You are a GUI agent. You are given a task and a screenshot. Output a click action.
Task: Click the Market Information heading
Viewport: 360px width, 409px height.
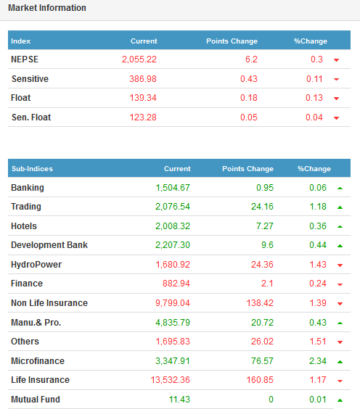click(x=47, y=8)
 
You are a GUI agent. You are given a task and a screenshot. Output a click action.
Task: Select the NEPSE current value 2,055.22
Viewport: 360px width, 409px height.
click(x=139, y=59)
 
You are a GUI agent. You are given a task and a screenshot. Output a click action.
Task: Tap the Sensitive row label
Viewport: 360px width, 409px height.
click(x=30, y=79)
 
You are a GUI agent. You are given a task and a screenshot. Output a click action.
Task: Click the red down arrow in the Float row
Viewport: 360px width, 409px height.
click(x=336, y=99)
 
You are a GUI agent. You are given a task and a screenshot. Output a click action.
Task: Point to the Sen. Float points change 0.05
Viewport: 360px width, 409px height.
click(x=249, y=117)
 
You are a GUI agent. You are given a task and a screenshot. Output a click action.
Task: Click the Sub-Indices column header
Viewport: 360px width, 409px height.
click(x=32, y=169)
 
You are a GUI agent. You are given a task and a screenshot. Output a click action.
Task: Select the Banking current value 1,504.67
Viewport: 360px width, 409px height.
click(x=173, y=188)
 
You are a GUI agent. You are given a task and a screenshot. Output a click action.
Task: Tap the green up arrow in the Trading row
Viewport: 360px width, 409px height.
click(x=340, y=207)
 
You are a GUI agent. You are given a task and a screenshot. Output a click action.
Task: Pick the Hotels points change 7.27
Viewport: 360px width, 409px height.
click(x=265, y=226)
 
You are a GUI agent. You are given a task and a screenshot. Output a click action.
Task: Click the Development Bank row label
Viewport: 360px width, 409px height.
click(x=49, y=245)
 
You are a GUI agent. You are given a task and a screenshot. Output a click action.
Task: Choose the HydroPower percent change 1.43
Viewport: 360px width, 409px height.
click(x=318, y=265)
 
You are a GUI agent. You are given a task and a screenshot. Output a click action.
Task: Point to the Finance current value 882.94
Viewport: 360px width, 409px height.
click(x=176, y=284)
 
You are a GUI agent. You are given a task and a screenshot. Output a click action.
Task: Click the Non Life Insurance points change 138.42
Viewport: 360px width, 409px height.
click(x=260, y=303)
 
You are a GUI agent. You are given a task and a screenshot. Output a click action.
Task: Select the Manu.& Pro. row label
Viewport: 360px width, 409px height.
click(x=36, y=323)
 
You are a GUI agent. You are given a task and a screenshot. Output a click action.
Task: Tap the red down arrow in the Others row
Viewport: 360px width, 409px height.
click(x=340, y=342)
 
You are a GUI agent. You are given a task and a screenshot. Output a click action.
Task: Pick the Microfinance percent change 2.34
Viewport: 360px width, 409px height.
click(x=318, y=360)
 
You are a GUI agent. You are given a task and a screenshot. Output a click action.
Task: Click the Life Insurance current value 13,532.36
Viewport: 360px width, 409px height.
click(x=171, y=380)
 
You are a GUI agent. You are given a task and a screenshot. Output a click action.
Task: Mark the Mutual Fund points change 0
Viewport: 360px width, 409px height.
click(x=271, y=400)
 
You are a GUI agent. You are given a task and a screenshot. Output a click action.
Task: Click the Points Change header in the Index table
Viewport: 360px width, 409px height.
click(x=232, y=41)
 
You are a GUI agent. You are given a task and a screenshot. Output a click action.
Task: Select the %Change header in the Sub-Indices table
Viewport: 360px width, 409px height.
click(x=314, y=169)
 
